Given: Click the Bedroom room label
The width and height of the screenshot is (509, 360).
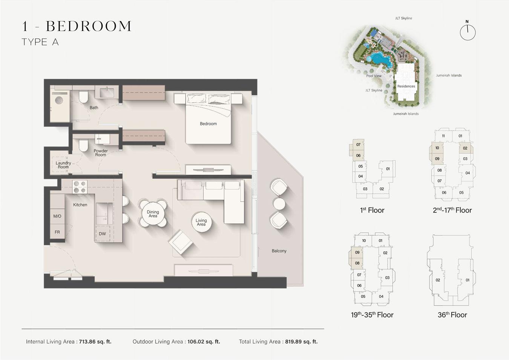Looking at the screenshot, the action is click(208, 124).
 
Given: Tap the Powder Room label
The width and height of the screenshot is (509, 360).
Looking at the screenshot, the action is click(101, 153).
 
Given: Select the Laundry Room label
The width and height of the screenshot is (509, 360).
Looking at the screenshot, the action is click(63, 165).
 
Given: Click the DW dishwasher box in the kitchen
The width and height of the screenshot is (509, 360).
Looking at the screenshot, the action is click(103, 234).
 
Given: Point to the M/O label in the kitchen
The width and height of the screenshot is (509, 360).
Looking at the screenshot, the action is click(57, 216).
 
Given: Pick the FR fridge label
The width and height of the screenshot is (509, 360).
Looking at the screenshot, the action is click(57, 232).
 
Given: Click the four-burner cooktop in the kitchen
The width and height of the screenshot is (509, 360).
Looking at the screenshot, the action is click(80, 187).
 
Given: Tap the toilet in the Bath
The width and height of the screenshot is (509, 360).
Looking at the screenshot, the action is click(83, 97).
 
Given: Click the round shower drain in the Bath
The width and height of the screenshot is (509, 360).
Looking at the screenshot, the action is click(59, 100).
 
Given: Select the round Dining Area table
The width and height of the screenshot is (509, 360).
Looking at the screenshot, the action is click(153, 214).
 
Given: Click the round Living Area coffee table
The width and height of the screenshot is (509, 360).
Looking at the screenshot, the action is click(201, 222).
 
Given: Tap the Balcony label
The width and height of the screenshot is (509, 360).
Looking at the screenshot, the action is click(279, 251).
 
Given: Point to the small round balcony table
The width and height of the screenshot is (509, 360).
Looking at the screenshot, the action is click(279, 203).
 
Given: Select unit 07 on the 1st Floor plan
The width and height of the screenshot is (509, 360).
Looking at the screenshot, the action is click(358, 145).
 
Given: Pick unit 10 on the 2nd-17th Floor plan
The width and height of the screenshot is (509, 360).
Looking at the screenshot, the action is click(437, 148).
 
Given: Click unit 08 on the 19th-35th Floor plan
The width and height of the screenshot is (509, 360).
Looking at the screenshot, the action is click(357, 263).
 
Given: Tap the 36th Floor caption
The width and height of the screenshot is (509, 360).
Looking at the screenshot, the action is click(452, 315).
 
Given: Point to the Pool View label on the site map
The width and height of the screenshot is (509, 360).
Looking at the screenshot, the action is click(374, 76).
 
